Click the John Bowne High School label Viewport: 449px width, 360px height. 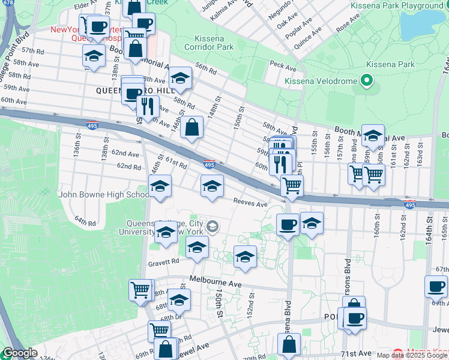point(104,194)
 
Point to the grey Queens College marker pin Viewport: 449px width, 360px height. point(213,227)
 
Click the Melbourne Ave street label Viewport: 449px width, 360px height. point(215,280)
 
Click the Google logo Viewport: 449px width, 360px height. point(20,353)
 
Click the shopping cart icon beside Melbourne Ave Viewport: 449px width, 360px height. point(140,290)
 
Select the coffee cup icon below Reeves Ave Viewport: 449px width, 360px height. point(288,225)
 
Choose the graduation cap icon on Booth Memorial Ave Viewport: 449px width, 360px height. point(373,136)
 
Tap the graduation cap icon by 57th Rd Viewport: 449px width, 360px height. point(94,56)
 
